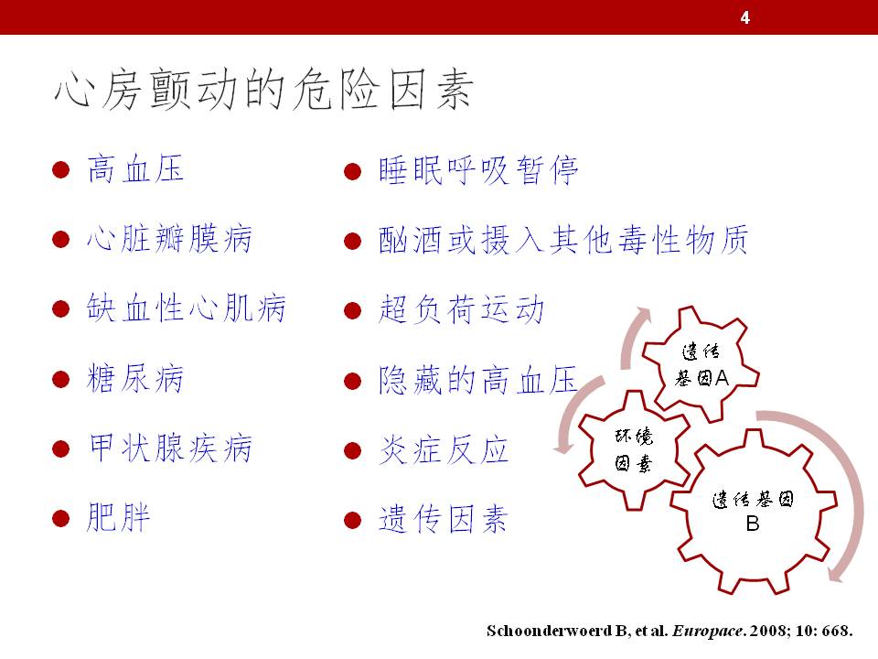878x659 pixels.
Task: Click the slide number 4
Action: click(x=744, y=18)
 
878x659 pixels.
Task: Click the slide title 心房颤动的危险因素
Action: click(x=264, y=90)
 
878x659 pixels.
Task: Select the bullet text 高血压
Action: click(x=136, y=169)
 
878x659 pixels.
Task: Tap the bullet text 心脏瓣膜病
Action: click(x=170, y=239)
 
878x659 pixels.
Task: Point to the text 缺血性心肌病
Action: click(x=187, y=308)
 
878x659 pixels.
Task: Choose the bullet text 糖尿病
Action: click(x=135, y=378)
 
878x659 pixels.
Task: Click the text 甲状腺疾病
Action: click(x=170, y=448)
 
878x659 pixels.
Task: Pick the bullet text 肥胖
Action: click(x=119, y=517)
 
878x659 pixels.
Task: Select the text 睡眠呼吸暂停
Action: click(x=478, y=170)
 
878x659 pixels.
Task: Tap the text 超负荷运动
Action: click(x=461, y=309)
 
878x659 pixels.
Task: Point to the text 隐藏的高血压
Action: click(x=478, y=379)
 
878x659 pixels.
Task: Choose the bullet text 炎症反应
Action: click(x=444, y=450)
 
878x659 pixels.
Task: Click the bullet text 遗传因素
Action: click(x=444, y=519)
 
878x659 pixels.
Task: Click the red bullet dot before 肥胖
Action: click(x=60, y=518)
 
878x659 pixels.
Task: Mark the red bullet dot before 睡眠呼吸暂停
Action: click(x=352, y=171)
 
